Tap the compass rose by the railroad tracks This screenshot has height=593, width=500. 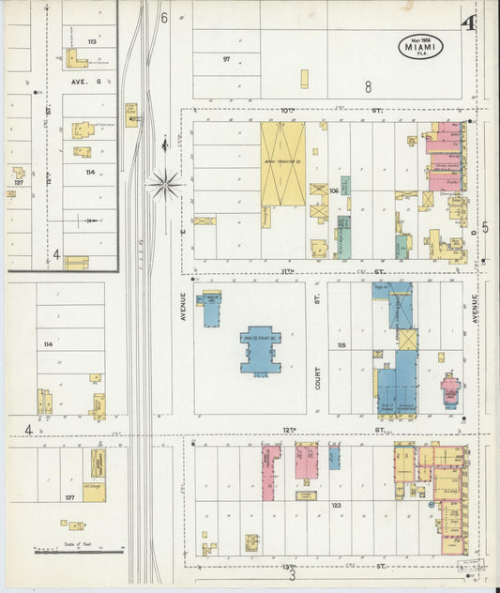tap(165, 184)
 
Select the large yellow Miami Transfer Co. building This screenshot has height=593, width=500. tap(282, 164)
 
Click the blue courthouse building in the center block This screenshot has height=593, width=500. tap(259, 351)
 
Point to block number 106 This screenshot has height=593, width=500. tap(333, 190)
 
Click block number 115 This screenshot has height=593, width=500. tap(341, 346)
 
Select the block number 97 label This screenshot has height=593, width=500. tap(226, 59)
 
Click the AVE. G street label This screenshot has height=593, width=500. tap(77, 82)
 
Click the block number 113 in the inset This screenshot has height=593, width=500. tap(92, 42)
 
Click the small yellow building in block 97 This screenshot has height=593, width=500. tap(304, 79)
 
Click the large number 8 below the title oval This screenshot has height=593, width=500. tap(369, 87)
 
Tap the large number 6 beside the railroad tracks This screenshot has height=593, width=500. tap(163, 17)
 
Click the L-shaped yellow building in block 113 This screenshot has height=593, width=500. tap(75, 59)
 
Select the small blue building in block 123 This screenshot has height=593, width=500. tap(334, 457)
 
